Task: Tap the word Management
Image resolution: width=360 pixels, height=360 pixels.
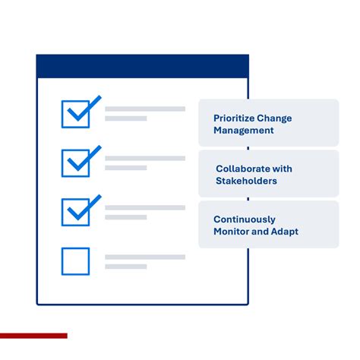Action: [x=243, y=131]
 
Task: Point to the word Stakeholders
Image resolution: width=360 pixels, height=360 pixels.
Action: [x=247, y=181]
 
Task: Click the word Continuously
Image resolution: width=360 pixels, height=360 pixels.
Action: [x=245, y=219]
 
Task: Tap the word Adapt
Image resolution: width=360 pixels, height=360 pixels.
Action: [x=286, y=231]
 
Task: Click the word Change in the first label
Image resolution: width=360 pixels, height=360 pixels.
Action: [x=274, y=118]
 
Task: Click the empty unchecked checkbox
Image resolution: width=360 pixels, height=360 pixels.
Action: [x=76, y=261]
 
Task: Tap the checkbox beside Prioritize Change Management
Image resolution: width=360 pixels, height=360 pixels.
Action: [x=76, y=114]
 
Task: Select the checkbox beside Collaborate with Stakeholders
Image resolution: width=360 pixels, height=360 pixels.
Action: [x=76, y=163]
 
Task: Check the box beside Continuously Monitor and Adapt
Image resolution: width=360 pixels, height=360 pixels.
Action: [x=76, y=212]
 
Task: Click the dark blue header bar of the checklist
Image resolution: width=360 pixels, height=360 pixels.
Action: [x=142, y=66]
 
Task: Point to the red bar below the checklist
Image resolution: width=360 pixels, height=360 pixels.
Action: [x=33, y=335]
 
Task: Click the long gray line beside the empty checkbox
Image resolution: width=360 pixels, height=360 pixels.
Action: [x=144, y=257]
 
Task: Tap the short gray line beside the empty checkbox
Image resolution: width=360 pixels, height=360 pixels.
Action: [x=125, y=267]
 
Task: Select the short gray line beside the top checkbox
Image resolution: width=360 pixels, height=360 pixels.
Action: [x=125, y=118]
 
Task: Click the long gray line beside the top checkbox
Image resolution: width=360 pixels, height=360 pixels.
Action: [x=144, y=109]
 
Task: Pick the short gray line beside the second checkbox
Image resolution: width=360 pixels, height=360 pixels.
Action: [x=125, y=168]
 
